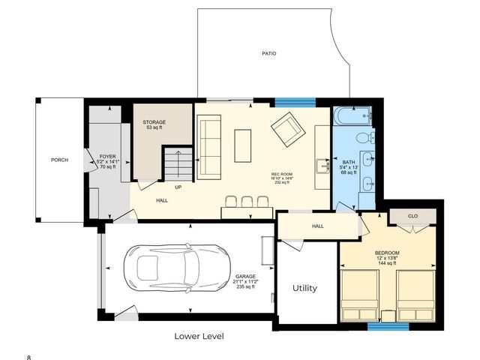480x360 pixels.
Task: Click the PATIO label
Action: point(268,54)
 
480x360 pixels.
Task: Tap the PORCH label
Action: point(59,160)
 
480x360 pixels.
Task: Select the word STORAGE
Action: point(154,122)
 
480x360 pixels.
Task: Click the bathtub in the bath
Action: point(352,116)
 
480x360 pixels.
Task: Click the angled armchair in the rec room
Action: point(287,129)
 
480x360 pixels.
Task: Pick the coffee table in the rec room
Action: point(242,144)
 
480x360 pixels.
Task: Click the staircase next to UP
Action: point(179,163)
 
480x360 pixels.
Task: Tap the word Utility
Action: point(304,288)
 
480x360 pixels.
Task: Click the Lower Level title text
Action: point(199,336)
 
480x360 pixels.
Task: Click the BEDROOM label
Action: point(387,253)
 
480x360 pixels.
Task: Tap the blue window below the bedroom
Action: point(388,326)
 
